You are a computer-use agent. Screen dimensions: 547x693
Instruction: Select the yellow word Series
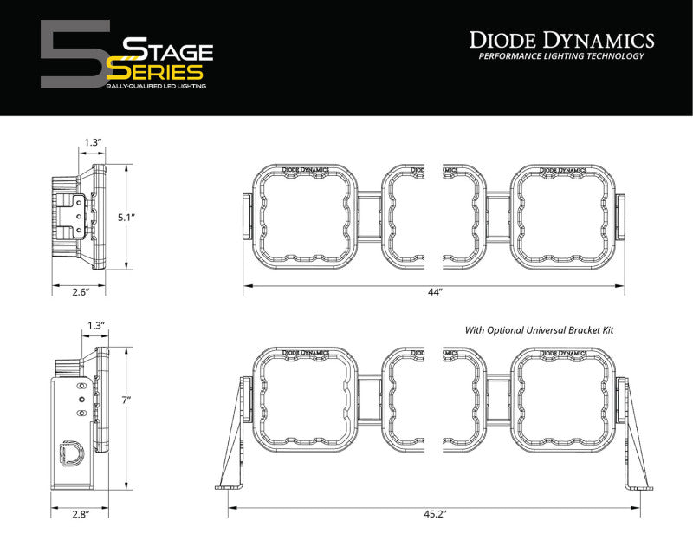point(160,71)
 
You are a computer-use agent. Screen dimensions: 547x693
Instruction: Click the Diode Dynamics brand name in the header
point(561,39)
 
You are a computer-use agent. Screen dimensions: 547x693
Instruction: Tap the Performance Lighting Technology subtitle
point(561,56)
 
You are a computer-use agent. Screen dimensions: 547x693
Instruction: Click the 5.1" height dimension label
point(126,217)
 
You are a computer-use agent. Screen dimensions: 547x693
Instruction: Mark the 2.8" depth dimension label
point(80,515)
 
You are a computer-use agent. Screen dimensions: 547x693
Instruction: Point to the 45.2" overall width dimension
point(435,515)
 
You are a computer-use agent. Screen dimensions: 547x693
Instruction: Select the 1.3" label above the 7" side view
point(95,326)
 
